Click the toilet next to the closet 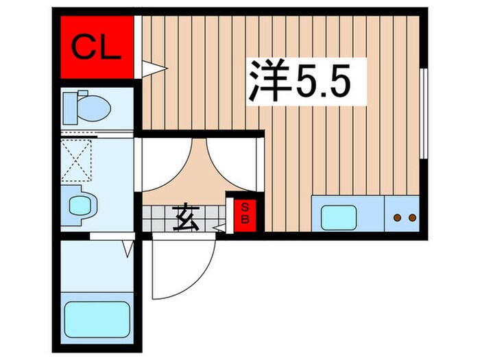tap(86, 107)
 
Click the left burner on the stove tap(397, 218)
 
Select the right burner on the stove tap(412, 218)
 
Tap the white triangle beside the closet tap(152, 67)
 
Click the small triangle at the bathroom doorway tap(128, 249)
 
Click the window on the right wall tap(424, 113)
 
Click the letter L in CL tap(110, 47)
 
